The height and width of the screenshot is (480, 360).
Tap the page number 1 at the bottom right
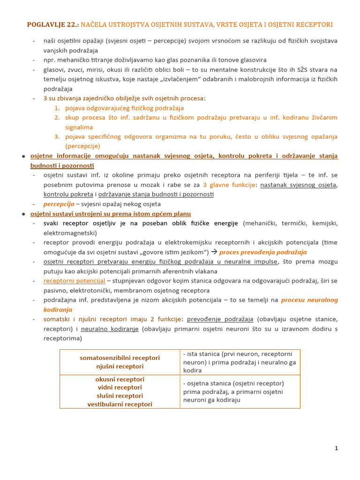[336, 448]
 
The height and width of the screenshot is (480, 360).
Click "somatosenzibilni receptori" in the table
[120, 358]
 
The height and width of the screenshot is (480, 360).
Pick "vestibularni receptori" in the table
[120, 404]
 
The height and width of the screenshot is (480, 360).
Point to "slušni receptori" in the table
[120, 396]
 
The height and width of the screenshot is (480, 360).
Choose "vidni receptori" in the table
[120, 387]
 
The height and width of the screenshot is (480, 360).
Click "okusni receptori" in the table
[120, 379]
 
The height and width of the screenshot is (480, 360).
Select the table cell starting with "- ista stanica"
[240, 362]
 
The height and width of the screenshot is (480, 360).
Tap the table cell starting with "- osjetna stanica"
[240, 391]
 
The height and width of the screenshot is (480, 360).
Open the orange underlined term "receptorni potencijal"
[74, 281]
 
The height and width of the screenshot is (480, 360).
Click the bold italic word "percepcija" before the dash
[59, 204]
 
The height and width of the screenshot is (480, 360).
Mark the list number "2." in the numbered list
[57, 118]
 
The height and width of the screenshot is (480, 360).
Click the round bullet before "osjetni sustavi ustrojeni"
[23, 214]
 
